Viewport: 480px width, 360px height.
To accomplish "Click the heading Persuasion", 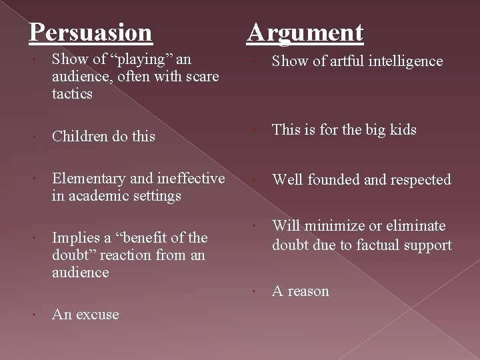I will click(x=91, y=31).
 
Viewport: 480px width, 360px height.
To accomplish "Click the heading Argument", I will click(x=305, y=31).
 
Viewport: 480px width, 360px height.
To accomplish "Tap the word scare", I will click(x=201, y=77).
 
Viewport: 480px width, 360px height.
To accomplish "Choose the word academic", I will click(x=93, y=196).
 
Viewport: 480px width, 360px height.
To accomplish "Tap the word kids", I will click(x=403, y=130).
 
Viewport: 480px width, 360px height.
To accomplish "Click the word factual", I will click(x=381, y=245).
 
